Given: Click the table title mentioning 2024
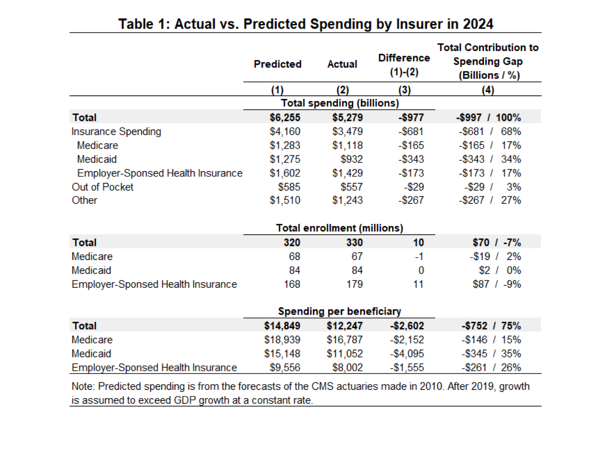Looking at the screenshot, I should point(305,24).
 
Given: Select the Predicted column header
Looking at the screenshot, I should point(278,64).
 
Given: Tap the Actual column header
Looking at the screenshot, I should point(342,64).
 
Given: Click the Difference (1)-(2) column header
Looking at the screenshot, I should point(404,65).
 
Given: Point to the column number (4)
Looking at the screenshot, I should point(488,90).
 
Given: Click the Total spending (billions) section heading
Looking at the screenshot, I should point(340,103).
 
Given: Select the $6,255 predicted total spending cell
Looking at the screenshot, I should point(285,118).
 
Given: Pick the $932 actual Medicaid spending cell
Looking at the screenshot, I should point(351,159).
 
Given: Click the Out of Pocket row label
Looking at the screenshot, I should point(103,187).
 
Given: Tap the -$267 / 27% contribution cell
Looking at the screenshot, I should point(490,200).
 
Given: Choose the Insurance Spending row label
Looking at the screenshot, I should point(116,131).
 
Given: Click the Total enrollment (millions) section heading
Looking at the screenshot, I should point(339,228).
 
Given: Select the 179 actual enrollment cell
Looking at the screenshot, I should point(354,284).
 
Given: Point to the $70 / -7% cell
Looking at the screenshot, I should point(496,243).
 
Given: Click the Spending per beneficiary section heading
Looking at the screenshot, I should point(339,312).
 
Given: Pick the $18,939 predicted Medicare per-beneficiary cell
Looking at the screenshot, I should point(282,340).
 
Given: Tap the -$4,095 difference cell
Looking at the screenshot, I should point(407,353).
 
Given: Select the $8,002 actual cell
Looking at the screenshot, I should point(347,367).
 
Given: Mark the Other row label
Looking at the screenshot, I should point(84,200).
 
